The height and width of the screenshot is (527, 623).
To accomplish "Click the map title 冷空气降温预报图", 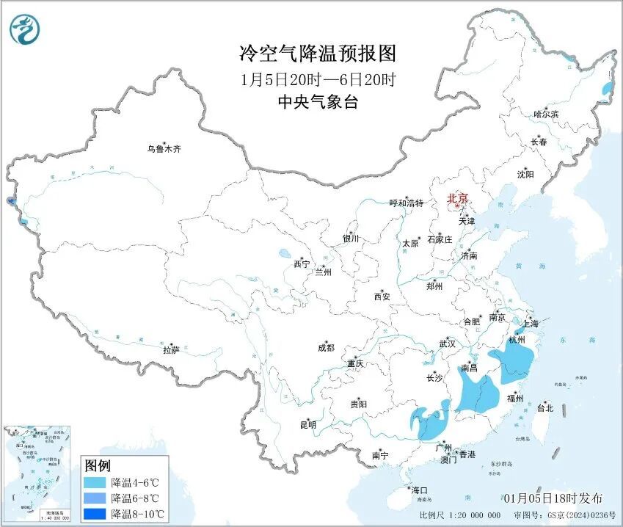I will point(317,53).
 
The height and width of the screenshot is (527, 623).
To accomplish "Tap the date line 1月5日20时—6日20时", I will point(317,79).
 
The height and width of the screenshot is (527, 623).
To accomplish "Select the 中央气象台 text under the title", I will point(317,103).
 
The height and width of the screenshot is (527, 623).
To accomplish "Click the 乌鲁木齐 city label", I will point(163,149).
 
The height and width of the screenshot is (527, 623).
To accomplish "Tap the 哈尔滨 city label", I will point(545,115).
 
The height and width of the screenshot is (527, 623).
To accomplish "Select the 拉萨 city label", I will point(171,350).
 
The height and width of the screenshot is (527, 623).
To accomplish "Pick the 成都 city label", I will point(326,348).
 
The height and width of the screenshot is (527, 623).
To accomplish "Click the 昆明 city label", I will point(307,424).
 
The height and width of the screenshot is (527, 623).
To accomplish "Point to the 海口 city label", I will point(419,490).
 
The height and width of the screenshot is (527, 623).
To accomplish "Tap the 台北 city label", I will point(544,408).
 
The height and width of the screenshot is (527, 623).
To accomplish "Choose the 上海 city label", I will point(529,323).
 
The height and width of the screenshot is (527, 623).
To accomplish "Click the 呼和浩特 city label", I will point(406,203).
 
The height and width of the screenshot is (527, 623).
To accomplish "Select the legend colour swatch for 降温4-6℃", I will point(94,482).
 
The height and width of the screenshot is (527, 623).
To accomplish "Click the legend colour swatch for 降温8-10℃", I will point(94,513).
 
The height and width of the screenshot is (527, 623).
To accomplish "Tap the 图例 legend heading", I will point(97,465).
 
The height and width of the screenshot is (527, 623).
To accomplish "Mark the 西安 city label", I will point(382,297).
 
